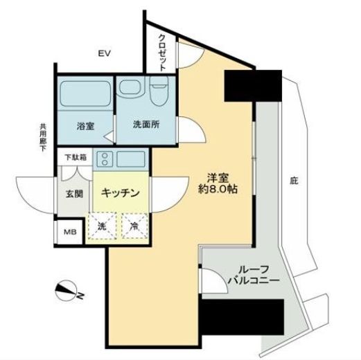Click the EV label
click(x=105, y=53)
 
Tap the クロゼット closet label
click(x=161, y=51)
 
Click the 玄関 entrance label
click(x=74, y=195)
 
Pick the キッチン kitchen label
click(x=121, y=194)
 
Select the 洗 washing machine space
click(x=101, y=226)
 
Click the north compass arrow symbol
click(x=67, y=293)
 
